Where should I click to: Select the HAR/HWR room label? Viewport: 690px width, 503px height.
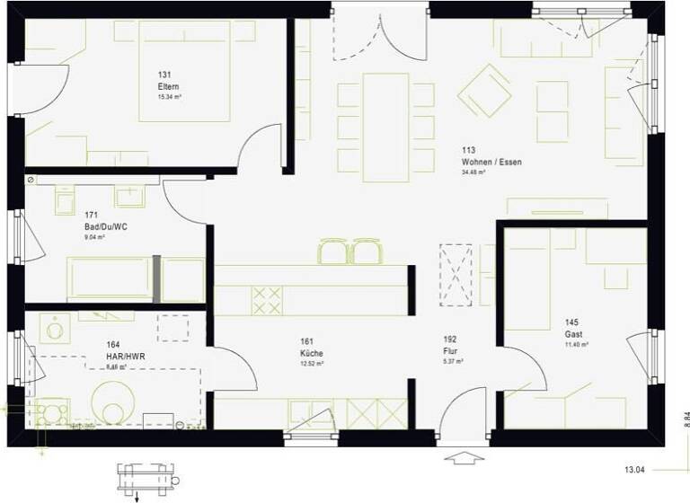pos(125,356)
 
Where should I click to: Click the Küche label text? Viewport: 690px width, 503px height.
pos(312,354)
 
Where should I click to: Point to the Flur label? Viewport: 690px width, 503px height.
pos(450,351)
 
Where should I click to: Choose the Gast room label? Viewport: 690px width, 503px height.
pos(573,333)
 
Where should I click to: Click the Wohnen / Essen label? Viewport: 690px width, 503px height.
pos(491,163)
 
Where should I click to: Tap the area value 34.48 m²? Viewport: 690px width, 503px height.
pos(478,172)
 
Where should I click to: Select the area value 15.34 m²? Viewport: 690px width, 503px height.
pos(169,96)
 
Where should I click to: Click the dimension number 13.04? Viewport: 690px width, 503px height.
pos(636,469)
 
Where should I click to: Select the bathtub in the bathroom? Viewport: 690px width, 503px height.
pos(108,278)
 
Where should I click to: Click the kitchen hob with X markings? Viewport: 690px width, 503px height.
pos(265,300)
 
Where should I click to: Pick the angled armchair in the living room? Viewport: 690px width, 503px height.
pos(484,90)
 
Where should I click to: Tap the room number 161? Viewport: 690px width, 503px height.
pos(306,342)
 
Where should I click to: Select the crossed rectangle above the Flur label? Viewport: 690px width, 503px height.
pos(456,274)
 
